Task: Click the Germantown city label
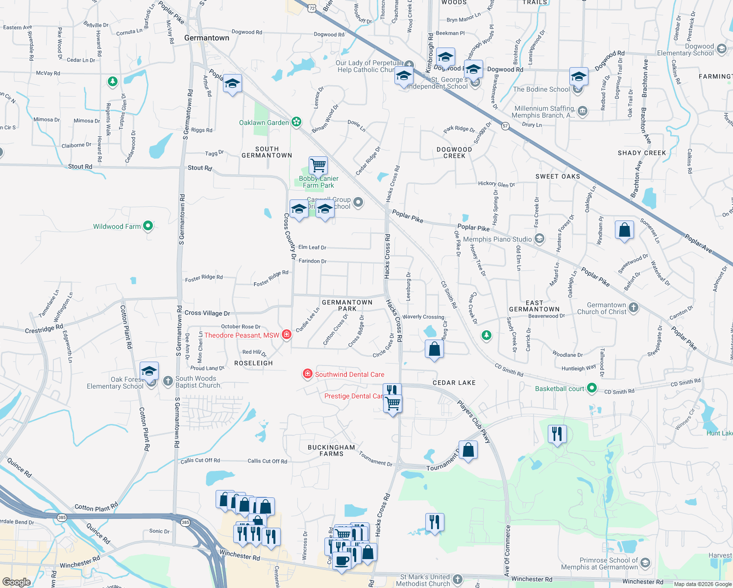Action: pyautogui.click(x=206, y=38)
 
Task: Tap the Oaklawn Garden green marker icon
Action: pyautogui.click(x=296, y=122)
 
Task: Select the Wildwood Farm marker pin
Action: pyautogui.click(x=148, y=226)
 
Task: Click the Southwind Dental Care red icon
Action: pyautogui.click(x=307, y=374)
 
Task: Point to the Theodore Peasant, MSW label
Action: pyautogui.click(x=242, y=335)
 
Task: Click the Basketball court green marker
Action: pyautogui.click(x=592, y=388)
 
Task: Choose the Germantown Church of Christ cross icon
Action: pyautogui.click(x=634, y=308)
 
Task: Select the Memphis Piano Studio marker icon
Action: pyautogui.click(x=539, y=239)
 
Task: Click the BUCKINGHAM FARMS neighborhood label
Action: pyautogui.click(x=331, y=450)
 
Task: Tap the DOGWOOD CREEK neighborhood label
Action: pyautogui.click(x=454, y=152)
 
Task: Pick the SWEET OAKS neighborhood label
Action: pyautogui.click(x=558, y=176)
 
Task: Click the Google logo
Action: pyautogui.click(x=17, y=582)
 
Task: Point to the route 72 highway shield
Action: pyautogui.click(x=312, y=8)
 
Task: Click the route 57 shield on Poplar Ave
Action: pyautogui.click(x=505, y=126)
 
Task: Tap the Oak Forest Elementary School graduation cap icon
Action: pyautogui.click(x=149, y=371)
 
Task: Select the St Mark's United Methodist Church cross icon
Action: pyautogui.click(x=457, y=580)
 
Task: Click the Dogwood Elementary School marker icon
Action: pyautogui.click(x=721, y=49)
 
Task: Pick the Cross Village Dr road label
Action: pyautogui.click(x=207, y=313)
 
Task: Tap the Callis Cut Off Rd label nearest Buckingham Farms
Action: pyautogui.click(x=267, y=461)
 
